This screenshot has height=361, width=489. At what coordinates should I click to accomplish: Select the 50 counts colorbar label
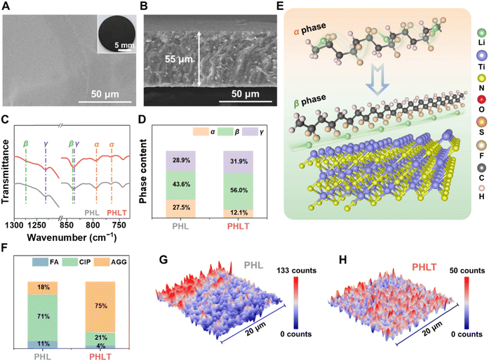point(464,270)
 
